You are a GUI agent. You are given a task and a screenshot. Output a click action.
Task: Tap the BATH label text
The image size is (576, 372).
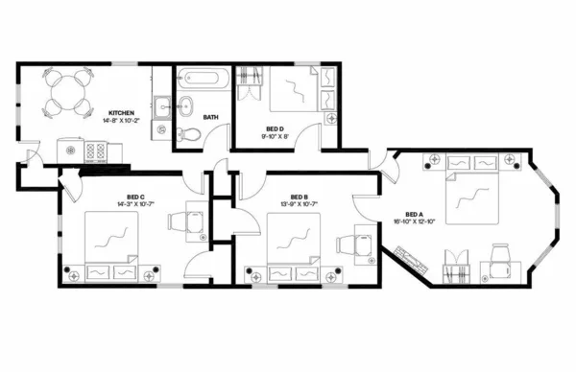tap(210, 117)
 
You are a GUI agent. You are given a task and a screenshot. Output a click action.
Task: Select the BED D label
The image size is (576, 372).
tap(275, 128)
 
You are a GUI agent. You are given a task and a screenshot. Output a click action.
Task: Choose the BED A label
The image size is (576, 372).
tap(414, 214)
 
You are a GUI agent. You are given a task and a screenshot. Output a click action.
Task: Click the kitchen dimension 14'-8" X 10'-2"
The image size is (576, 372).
tap(123, 122)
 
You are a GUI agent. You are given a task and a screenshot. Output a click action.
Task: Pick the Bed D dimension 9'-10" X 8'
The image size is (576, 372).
tap(275, 136)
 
